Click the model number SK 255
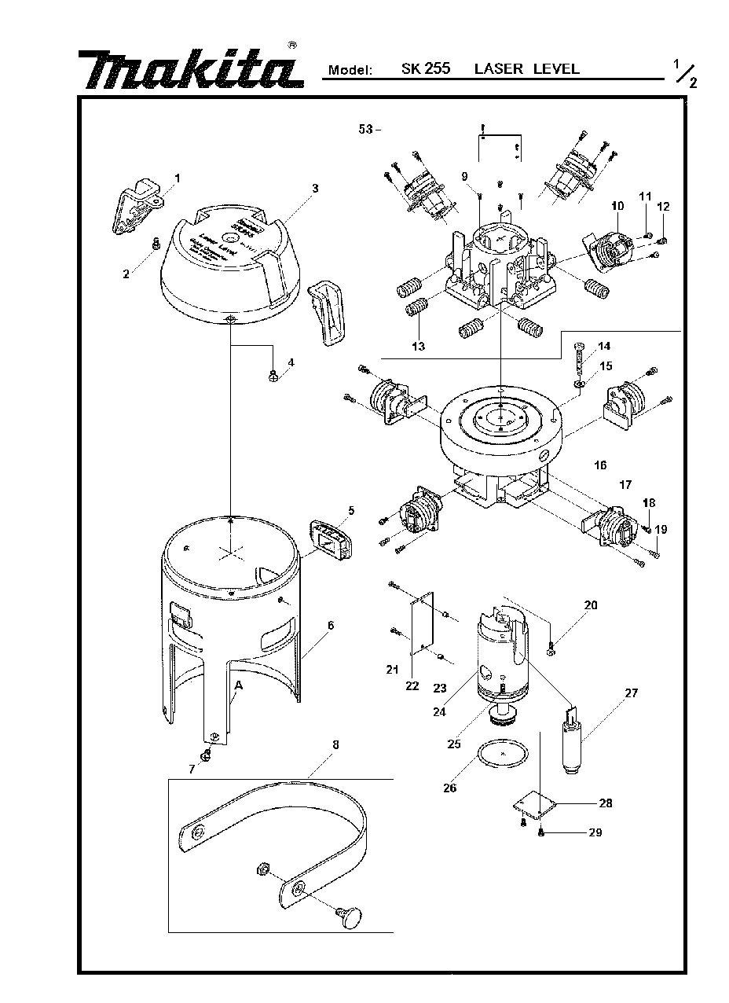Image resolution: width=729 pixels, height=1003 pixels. (x=425, y=68)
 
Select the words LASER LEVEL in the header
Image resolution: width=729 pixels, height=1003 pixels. (x=526, y=68)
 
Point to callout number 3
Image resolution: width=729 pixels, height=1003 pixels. (x=314, y=188)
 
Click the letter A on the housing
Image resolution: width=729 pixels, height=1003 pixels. (x=236, y=686)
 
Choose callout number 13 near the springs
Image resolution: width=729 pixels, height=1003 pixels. (x=419, y=347)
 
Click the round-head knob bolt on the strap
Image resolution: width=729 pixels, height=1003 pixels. (x=348, y=916)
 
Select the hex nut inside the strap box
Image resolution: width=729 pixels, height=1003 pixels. (x=265, y=869)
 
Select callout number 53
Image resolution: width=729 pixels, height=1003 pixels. (x=365, y=130)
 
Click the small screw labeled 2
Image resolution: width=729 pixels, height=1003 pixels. (x=155, y=246)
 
